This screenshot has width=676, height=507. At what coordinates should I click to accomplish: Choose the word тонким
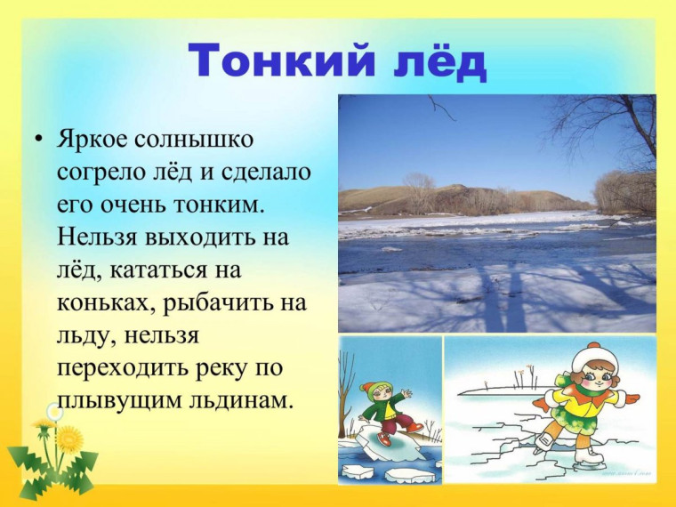pos(215,205)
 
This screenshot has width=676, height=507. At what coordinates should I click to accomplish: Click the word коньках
pos(104,303)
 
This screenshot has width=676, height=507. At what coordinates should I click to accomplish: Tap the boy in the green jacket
pos(384,413)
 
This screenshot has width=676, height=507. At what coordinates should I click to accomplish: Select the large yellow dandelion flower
pos(69,438)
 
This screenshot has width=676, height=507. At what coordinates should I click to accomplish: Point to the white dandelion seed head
pos(55,412)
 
